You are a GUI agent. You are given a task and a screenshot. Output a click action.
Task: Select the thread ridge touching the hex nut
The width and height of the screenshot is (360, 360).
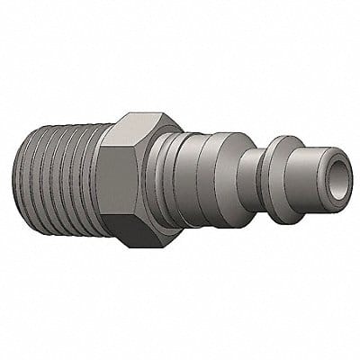[x=98, y=189]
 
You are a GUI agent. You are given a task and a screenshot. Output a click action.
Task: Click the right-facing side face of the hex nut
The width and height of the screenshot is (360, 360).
[x=152, y=184]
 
